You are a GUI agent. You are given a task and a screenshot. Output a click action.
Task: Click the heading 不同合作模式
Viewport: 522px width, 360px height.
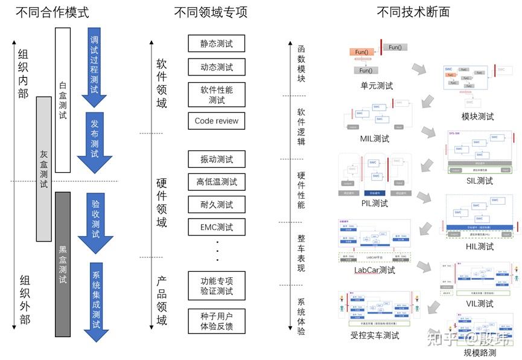click(53, 12)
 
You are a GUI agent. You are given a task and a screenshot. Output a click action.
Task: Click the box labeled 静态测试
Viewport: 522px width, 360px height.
click(217, 43)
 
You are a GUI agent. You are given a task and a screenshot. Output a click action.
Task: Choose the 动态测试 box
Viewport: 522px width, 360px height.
click(217, 67)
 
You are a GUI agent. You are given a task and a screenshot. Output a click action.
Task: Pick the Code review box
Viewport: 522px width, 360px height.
click(217, 121)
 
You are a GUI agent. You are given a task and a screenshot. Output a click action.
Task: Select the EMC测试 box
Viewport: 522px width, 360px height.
click(217, 228)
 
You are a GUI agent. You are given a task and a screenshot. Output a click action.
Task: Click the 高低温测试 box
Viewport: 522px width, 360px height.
click(217, 182)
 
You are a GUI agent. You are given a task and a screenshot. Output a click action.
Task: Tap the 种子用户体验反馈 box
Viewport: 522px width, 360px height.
click(217, 321)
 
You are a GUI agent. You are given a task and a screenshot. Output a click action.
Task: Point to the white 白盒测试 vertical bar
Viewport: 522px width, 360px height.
click(63, 100)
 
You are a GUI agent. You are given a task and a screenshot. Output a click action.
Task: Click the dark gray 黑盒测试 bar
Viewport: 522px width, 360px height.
click(63, 264)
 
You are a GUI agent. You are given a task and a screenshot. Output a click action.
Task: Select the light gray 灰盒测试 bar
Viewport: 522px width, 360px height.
click(43, 169)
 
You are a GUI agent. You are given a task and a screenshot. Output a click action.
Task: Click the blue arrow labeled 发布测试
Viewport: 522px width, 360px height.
click(95, 141)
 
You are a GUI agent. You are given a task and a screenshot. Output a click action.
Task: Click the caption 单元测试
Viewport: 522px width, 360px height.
click(377, 86)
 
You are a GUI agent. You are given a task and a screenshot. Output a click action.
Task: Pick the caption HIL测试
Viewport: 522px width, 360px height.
click(480, 246)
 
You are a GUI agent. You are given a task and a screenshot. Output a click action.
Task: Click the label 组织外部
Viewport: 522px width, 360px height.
click(25, 300)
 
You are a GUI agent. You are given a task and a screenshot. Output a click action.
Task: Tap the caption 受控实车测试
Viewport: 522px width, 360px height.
click(375, 335)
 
